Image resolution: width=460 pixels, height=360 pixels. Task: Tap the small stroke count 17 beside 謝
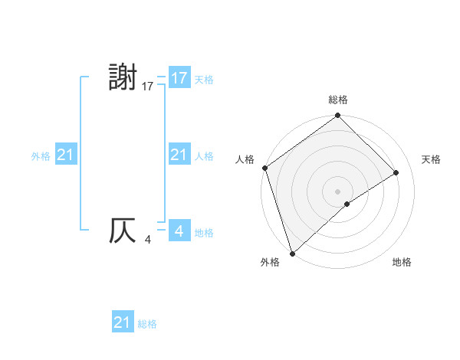click(x=148, y=87)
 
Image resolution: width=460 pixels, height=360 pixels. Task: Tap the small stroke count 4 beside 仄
click(x=148, y=241)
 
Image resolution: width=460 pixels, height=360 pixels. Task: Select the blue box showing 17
click(x=179, y=78)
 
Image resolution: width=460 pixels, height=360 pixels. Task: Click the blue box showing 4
click(x=179, y=231)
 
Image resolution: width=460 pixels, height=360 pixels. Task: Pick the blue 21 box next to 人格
click(x=179, y=155)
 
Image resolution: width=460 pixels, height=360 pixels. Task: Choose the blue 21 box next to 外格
click(x=66, y=155)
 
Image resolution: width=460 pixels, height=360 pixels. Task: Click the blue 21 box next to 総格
click(x=123, y=322)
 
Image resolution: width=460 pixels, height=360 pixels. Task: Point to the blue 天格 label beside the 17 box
click(x=204, y=79)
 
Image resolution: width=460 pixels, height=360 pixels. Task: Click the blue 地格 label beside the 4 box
click(x=204, y=232)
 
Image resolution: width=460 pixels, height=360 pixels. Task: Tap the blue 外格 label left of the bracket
click(x=41, y=155)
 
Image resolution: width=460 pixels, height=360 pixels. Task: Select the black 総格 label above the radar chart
click(x=338, y=100)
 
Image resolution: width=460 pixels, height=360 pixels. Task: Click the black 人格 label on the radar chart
click(x=245, y=159)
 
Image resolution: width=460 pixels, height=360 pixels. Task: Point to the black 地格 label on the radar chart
click(x=402, y=262)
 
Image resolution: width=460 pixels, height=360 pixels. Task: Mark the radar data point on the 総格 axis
click(x=338, y=116)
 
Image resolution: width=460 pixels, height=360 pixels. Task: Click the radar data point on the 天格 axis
click(x=396, y=172)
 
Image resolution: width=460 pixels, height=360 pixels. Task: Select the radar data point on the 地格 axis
click(x=347, y=204)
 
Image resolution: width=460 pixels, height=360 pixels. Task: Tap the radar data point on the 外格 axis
click(x=292, y=253)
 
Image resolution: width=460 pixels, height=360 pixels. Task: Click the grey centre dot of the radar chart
click(x=338, y=191)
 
